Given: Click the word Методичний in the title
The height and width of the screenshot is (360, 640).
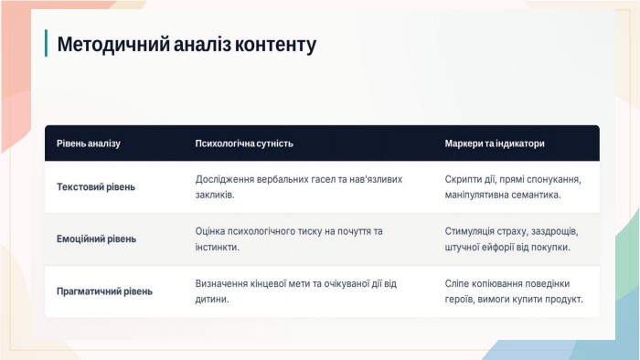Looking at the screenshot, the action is tap(113, 45).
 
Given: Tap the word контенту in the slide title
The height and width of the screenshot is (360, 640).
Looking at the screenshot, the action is tap(275, 45).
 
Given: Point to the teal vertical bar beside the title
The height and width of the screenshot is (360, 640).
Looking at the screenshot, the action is tap(46, 43).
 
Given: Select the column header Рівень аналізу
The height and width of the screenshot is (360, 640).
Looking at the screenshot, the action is tap(89, 143).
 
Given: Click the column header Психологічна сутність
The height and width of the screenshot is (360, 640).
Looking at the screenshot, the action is tap(244, 143).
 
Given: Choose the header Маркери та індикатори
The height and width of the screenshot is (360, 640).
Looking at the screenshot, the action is tap(495, 143).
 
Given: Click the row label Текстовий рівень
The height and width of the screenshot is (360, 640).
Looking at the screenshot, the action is tap(96, 187).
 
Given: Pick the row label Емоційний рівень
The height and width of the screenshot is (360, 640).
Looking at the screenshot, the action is tap(96, 238).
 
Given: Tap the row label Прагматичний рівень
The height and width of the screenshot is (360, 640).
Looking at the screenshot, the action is tap(104, 291).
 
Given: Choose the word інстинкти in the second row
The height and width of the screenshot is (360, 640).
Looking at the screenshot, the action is tap(218, 247).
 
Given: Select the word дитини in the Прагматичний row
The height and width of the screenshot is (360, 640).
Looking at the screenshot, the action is tap(212, 300).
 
